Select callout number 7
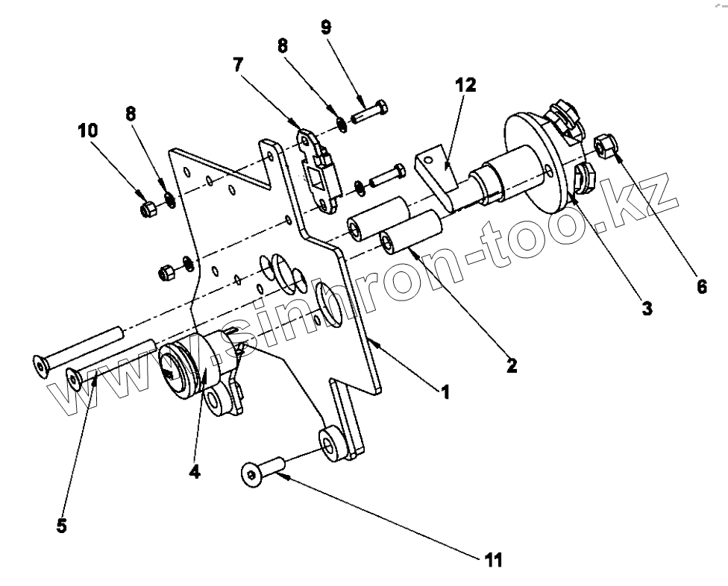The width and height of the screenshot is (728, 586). (238, 65)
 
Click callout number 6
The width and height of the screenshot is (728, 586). (701, 286)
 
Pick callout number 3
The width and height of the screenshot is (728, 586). (646, 306)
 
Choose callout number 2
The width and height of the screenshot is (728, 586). (511, 365)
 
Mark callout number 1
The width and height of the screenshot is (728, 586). (445, 391)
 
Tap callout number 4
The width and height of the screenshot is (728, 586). (194, 471)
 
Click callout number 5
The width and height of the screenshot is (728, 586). (61, 525)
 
